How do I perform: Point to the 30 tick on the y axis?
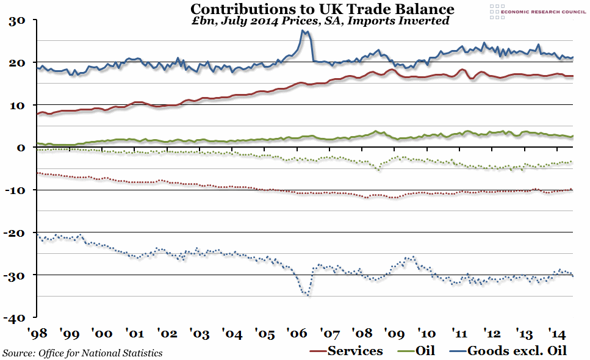pos(16,21)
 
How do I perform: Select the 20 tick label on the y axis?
pos(16,63)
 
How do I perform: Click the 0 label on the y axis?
pos(20,148)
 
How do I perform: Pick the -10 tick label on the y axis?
pos(14,190)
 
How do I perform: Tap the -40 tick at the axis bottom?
pos(14,318)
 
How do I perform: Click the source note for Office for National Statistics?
pos(82,352)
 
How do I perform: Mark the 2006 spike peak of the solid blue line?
pos(303,31)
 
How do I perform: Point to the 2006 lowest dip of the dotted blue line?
pos(308,296)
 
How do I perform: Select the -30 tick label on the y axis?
pos(14,275)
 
